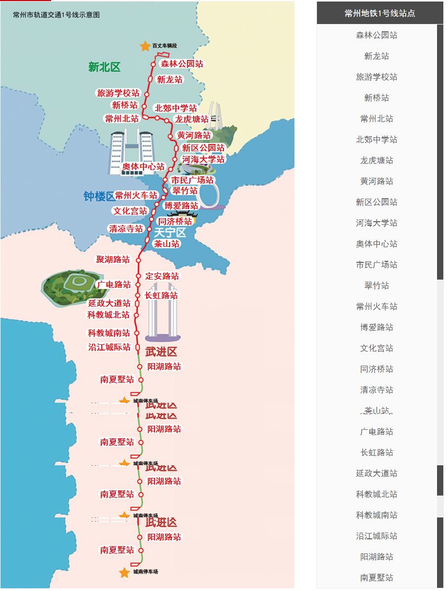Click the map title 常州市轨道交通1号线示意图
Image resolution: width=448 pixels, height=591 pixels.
56,15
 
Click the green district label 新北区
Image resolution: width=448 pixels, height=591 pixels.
104,67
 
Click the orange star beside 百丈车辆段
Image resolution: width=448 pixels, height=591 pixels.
145,46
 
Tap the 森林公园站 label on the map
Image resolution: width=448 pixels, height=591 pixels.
182,64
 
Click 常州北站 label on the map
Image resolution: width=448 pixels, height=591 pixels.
122,118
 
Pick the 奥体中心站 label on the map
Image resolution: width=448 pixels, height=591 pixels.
143,167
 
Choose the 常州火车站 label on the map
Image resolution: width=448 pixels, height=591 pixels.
136,195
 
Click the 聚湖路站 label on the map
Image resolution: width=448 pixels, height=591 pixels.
112,259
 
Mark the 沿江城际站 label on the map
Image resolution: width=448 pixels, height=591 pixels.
109,347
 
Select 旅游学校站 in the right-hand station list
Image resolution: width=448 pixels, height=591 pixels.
376,77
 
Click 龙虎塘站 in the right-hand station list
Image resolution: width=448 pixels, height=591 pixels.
376,160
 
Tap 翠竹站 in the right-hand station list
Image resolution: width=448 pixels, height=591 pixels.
376,285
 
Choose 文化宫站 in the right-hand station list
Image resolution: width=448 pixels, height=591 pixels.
376,348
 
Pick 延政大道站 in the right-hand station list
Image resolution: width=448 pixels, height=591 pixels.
376,473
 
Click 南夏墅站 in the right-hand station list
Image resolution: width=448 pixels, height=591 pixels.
376,577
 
